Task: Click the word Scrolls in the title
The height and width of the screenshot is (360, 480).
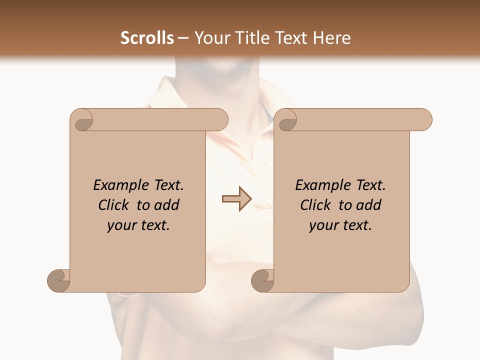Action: click(147, 38)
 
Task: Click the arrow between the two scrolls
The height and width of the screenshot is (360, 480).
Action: click(236, 198)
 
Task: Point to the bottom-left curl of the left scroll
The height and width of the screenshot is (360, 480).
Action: click(58, 280)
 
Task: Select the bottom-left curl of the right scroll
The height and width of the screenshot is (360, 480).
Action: click(262, 280)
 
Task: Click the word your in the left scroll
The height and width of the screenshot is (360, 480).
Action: click(121, 225)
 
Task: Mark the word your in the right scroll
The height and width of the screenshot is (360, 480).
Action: click(323, 225)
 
